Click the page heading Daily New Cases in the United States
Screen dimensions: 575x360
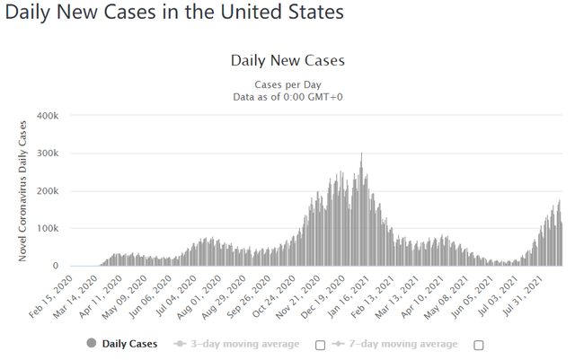click(x=174, y=12)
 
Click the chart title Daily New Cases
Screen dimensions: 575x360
click(x=287, y=60)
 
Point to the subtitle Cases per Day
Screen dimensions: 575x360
click(x=287, y=84)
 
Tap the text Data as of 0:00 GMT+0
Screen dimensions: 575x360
click(x=287, y=97)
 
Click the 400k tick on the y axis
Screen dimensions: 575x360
click(x=48, y=116)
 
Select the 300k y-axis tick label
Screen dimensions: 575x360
click(x=48, y=154)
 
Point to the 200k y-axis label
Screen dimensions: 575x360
click(x=48, y=191)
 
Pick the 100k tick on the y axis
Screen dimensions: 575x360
click(x=48, y=228)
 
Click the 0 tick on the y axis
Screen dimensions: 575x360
click(x=56, y=266)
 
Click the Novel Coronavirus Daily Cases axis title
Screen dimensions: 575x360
click(x=22, y=191)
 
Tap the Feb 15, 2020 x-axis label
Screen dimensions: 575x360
click(x=51, y=296)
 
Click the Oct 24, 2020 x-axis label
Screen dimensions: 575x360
click(x=274, y=296)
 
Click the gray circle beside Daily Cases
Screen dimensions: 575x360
click(x=92, y=344)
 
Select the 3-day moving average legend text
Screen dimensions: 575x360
click(x=245, y=344)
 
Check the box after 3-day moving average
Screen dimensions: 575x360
click(x=320, y=346)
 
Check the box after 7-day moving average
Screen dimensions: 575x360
click(x=479, y=346)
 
